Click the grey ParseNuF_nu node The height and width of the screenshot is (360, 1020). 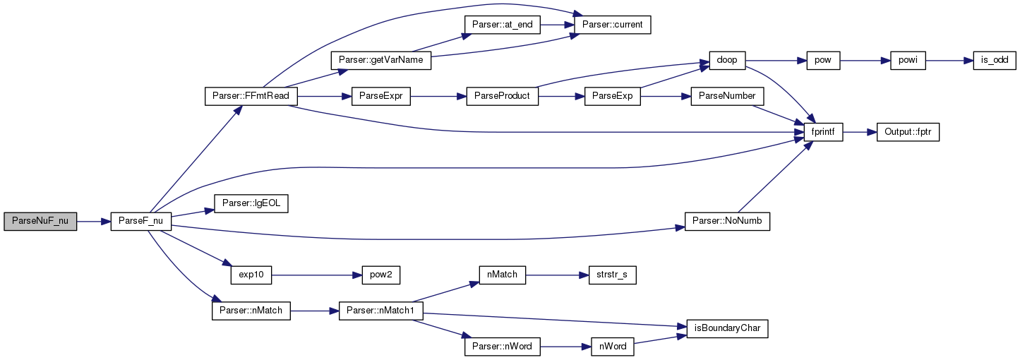pos(40,221)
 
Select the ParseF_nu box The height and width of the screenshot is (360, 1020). pos(140,221)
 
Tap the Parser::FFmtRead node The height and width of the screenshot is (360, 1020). pos(251,96)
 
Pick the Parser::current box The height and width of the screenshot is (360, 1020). pos(613,25)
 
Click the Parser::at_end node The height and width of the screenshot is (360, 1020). pos(503,25)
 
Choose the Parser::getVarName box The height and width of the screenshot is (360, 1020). pos(380,60)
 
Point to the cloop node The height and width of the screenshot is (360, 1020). pos(727,60)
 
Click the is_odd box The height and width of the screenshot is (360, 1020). pos(995,60)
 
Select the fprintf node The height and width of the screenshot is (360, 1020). pos(823,132)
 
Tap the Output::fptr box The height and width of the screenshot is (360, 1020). pos(908,132)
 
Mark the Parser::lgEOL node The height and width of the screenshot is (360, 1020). pos(251,203)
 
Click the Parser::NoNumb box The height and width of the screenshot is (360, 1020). pos(727,221)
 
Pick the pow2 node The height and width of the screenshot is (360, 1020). pos(381,275)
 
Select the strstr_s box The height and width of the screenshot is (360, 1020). pos(613,275)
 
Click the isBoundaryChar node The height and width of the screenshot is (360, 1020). pos(727,329)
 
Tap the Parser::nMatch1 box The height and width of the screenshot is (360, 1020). pos(380,311)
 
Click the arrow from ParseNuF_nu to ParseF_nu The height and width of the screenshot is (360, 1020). pos(94,222)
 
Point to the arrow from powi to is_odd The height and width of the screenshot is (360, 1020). pos(949,60)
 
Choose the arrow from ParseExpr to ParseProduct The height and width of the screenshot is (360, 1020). pos(438,97)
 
